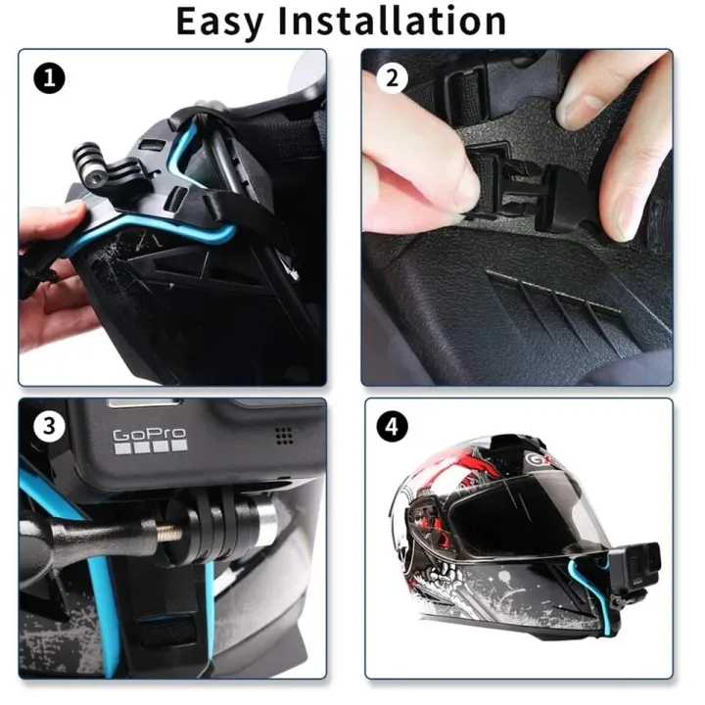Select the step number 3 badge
tap(47, 427)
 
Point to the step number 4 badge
tap(393, 427)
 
